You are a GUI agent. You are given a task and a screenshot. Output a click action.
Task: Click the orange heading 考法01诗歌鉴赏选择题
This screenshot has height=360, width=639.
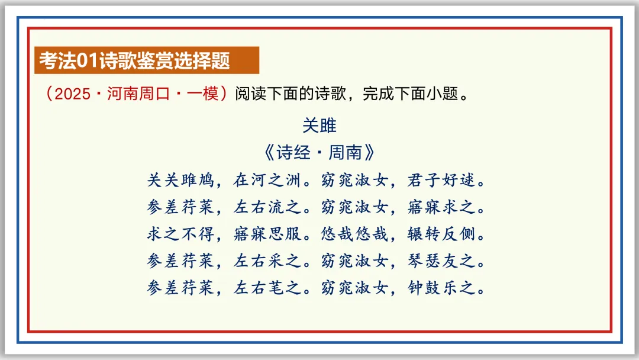(135, 60)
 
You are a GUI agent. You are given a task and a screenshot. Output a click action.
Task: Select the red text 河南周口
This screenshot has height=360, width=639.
(130, 94)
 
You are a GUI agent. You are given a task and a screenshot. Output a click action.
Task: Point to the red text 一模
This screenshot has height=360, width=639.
(203, 94)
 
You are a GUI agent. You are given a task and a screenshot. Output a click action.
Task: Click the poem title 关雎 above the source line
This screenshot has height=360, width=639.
(319, 126)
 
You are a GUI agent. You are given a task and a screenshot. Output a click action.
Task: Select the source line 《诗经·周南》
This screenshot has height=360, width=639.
(319, 153)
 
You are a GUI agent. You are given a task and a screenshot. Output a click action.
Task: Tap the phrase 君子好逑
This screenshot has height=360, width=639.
(441, 180)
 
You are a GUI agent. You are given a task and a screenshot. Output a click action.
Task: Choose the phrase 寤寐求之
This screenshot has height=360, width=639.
(441, 207)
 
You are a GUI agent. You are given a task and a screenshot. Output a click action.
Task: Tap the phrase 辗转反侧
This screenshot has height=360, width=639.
(441, 234)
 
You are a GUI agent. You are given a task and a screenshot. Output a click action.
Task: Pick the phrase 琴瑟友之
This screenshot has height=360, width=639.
(441, 261)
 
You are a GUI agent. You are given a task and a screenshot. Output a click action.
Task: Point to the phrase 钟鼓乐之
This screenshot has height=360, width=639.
(441, 288)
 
